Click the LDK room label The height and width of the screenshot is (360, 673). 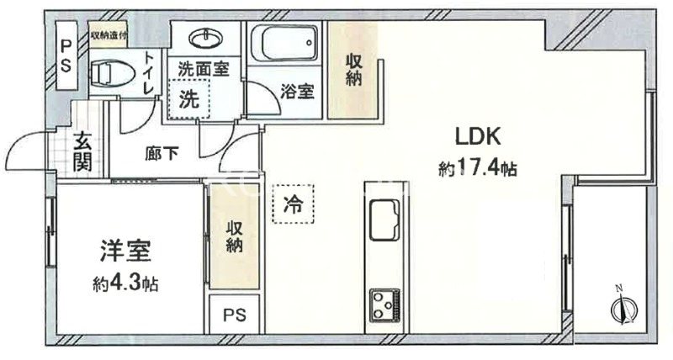click(479, 137)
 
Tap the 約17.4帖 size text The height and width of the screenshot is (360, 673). click(477, 169)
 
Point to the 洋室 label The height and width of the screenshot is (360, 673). click(126, 252)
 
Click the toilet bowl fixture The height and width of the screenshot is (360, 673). click(107, 73)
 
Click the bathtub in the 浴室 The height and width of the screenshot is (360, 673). click(284, 45)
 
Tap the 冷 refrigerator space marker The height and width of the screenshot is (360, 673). click(291, 204)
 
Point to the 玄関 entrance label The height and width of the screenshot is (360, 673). click(82, 152)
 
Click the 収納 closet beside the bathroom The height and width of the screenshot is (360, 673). click(352, 70)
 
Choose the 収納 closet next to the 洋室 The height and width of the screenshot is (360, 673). click(233, 236)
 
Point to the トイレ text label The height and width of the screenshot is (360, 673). click(149, 72)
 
